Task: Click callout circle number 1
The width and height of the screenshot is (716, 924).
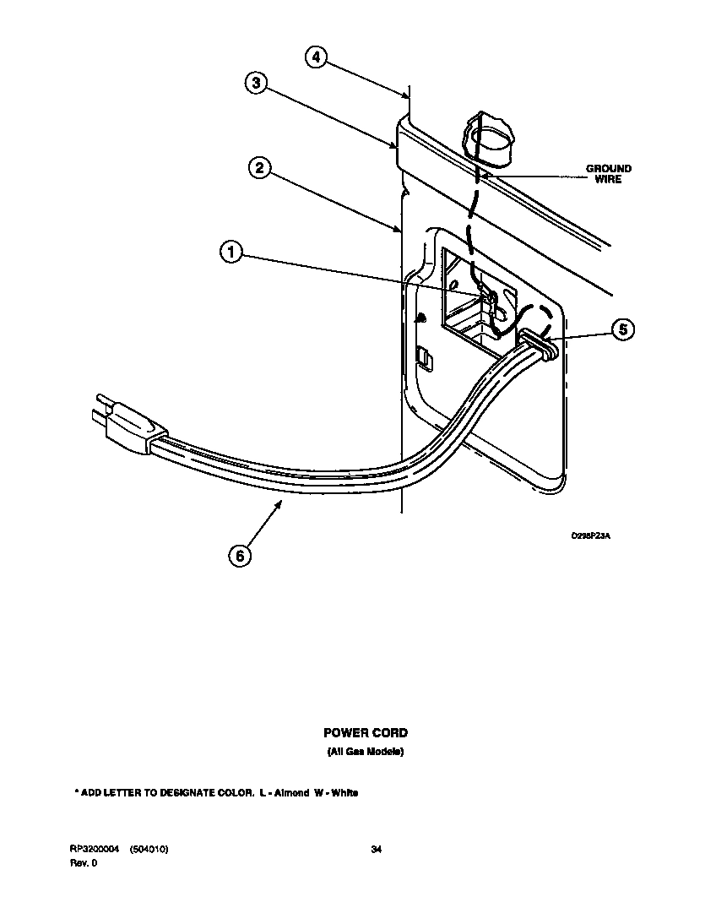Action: click(x=232, y=252)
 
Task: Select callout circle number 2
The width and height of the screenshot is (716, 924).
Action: click(x=260, y=168)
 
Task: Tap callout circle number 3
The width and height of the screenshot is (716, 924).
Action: click(x=258, y=83)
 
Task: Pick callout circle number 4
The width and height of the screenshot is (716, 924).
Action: click(x=315, y=57)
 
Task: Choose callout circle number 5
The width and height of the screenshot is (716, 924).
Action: click(x=622, y=329)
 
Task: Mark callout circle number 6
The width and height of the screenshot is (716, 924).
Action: click(x=241, y=556)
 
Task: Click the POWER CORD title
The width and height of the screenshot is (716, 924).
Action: click(x=366, y=733)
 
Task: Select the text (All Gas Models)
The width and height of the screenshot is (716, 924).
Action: click(x=366, y=752)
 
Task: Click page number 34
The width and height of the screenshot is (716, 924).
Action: click(x=377, y=850)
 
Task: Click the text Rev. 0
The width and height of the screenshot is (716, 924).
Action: click(x=84, y=862)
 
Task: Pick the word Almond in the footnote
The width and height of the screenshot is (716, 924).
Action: click(x=292, y=793)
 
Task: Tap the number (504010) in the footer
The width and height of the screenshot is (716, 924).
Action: click(x=149, y=850)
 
